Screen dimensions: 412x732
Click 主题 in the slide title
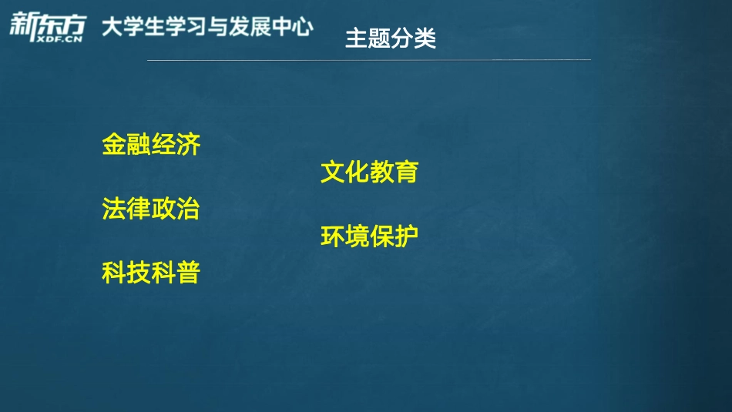coord(368,39)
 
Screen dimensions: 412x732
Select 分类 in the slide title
coord(414,39)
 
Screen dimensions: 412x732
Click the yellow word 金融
coord(126,144)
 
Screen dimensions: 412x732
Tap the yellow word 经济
coord(176,144)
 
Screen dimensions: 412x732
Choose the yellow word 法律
coord(126,209)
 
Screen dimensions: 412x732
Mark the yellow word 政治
coord(176,209)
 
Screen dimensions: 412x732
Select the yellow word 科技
coord(126,273)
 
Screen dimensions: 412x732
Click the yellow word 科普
coord(176,273)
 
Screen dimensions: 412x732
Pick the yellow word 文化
coord(344,172)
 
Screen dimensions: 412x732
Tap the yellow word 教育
coord(394,172)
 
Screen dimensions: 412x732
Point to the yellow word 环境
coord(344,236)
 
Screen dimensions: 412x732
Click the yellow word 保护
coord(394,236)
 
